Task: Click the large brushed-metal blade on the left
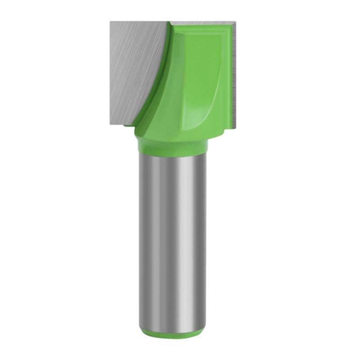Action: click(x=130, y=67)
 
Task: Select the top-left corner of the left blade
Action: click(x=110, y=21)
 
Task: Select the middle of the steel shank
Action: click(x=172, y=238)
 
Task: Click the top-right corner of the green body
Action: click(x=230, y=26)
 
